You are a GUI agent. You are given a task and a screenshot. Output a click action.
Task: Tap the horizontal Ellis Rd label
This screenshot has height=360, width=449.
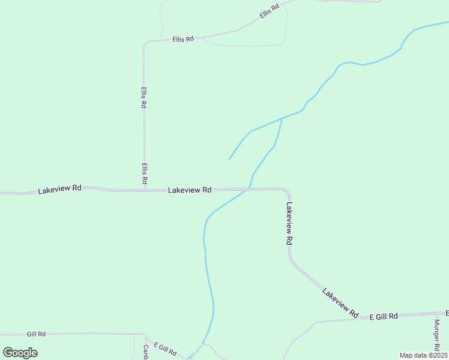pos(182,39)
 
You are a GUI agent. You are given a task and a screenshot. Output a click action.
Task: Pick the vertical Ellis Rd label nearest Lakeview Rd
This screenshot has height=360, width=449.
pos(145,173)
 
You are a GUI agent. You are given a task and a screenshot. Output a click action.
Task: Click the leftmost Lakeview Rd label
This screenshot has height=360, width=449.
pos(59,189)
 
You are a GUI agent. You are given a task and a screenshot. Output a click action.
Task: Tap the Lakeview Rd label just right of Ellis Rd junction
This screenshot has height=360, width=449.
pos(190,190)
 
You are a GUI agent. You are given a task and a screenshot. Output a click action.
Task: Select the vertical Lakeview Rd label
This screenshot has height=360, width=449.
pos(289,223)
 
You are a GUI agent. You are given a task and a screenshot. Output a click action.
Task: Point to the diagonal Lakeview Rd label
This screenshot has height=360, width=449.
pos(340,302)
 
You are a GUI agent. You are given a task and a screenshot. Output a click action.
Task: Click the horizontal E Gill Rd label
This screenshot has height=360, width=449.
pos(384,316)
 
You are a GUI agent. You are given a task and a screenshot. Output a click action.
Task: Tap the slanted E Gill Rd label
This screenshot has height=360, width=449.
pos(165,349)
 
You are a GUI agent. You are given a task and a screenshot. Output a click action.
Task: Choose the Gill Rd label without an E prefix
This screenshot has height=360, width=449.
pos(36,334)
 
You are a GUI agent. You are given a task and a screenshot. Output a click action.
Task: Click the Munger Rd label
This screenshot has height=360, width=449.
pos(438,334)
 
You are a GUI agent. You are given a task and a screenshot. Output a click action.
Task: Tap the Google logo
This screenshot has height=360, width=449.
pos(20,353)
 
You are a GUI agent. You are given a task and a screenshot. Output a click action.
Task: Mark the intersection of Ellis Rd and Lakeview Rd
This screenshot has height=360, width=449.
pos(144,190)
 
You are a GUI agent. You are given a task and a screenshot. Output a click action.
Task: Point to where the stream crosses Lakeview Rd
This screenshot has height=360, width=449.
pos(247,190)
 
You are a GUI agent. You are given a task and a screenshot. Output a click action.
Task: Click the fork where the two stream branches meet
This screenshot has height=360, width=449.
pos(282,118)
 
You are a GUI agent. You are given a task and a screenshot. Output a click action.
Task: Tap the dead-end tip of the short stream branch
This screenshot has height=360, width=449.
pos(229,159)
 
